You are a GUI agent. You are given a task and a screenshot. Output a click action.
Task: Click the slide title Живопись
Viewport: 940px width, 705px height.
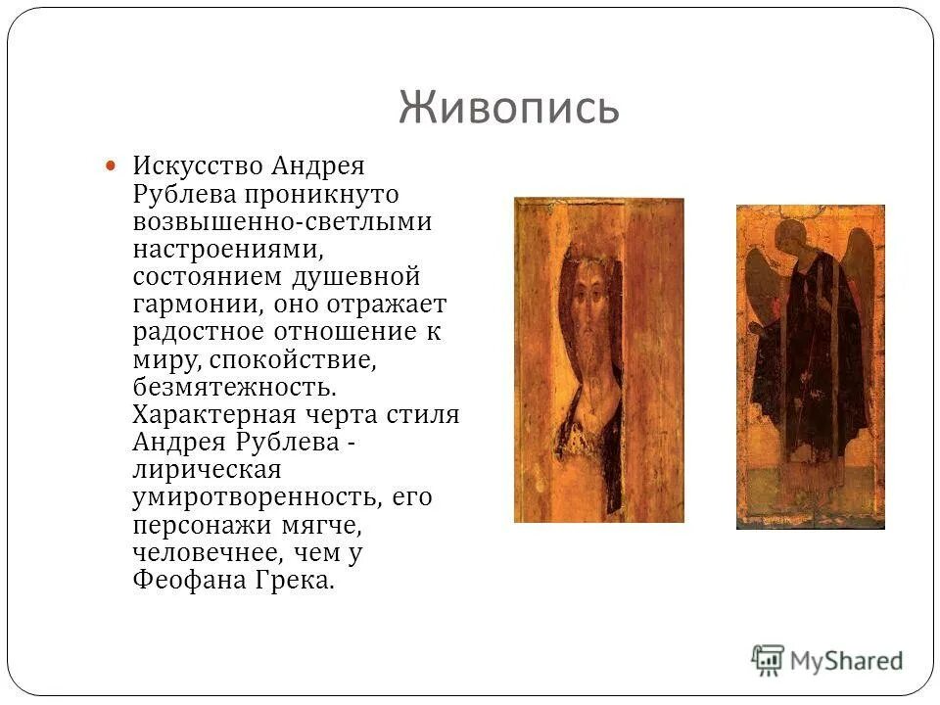pyautogui.click(x=508, y=108)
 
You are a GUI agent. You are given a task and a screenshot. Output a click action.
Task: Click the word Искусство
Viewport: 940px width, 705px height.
pyautogui.click(x=201, y=166)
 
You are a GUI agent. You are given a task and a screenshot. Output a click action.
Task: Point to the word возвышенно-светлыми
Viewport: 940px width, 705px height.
pyautogui.click(x=282, y=221)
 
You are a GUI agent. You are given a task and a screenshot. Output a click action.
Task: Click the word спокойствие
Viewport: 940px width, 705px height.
pyautogui.click(x=290, y=358)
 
